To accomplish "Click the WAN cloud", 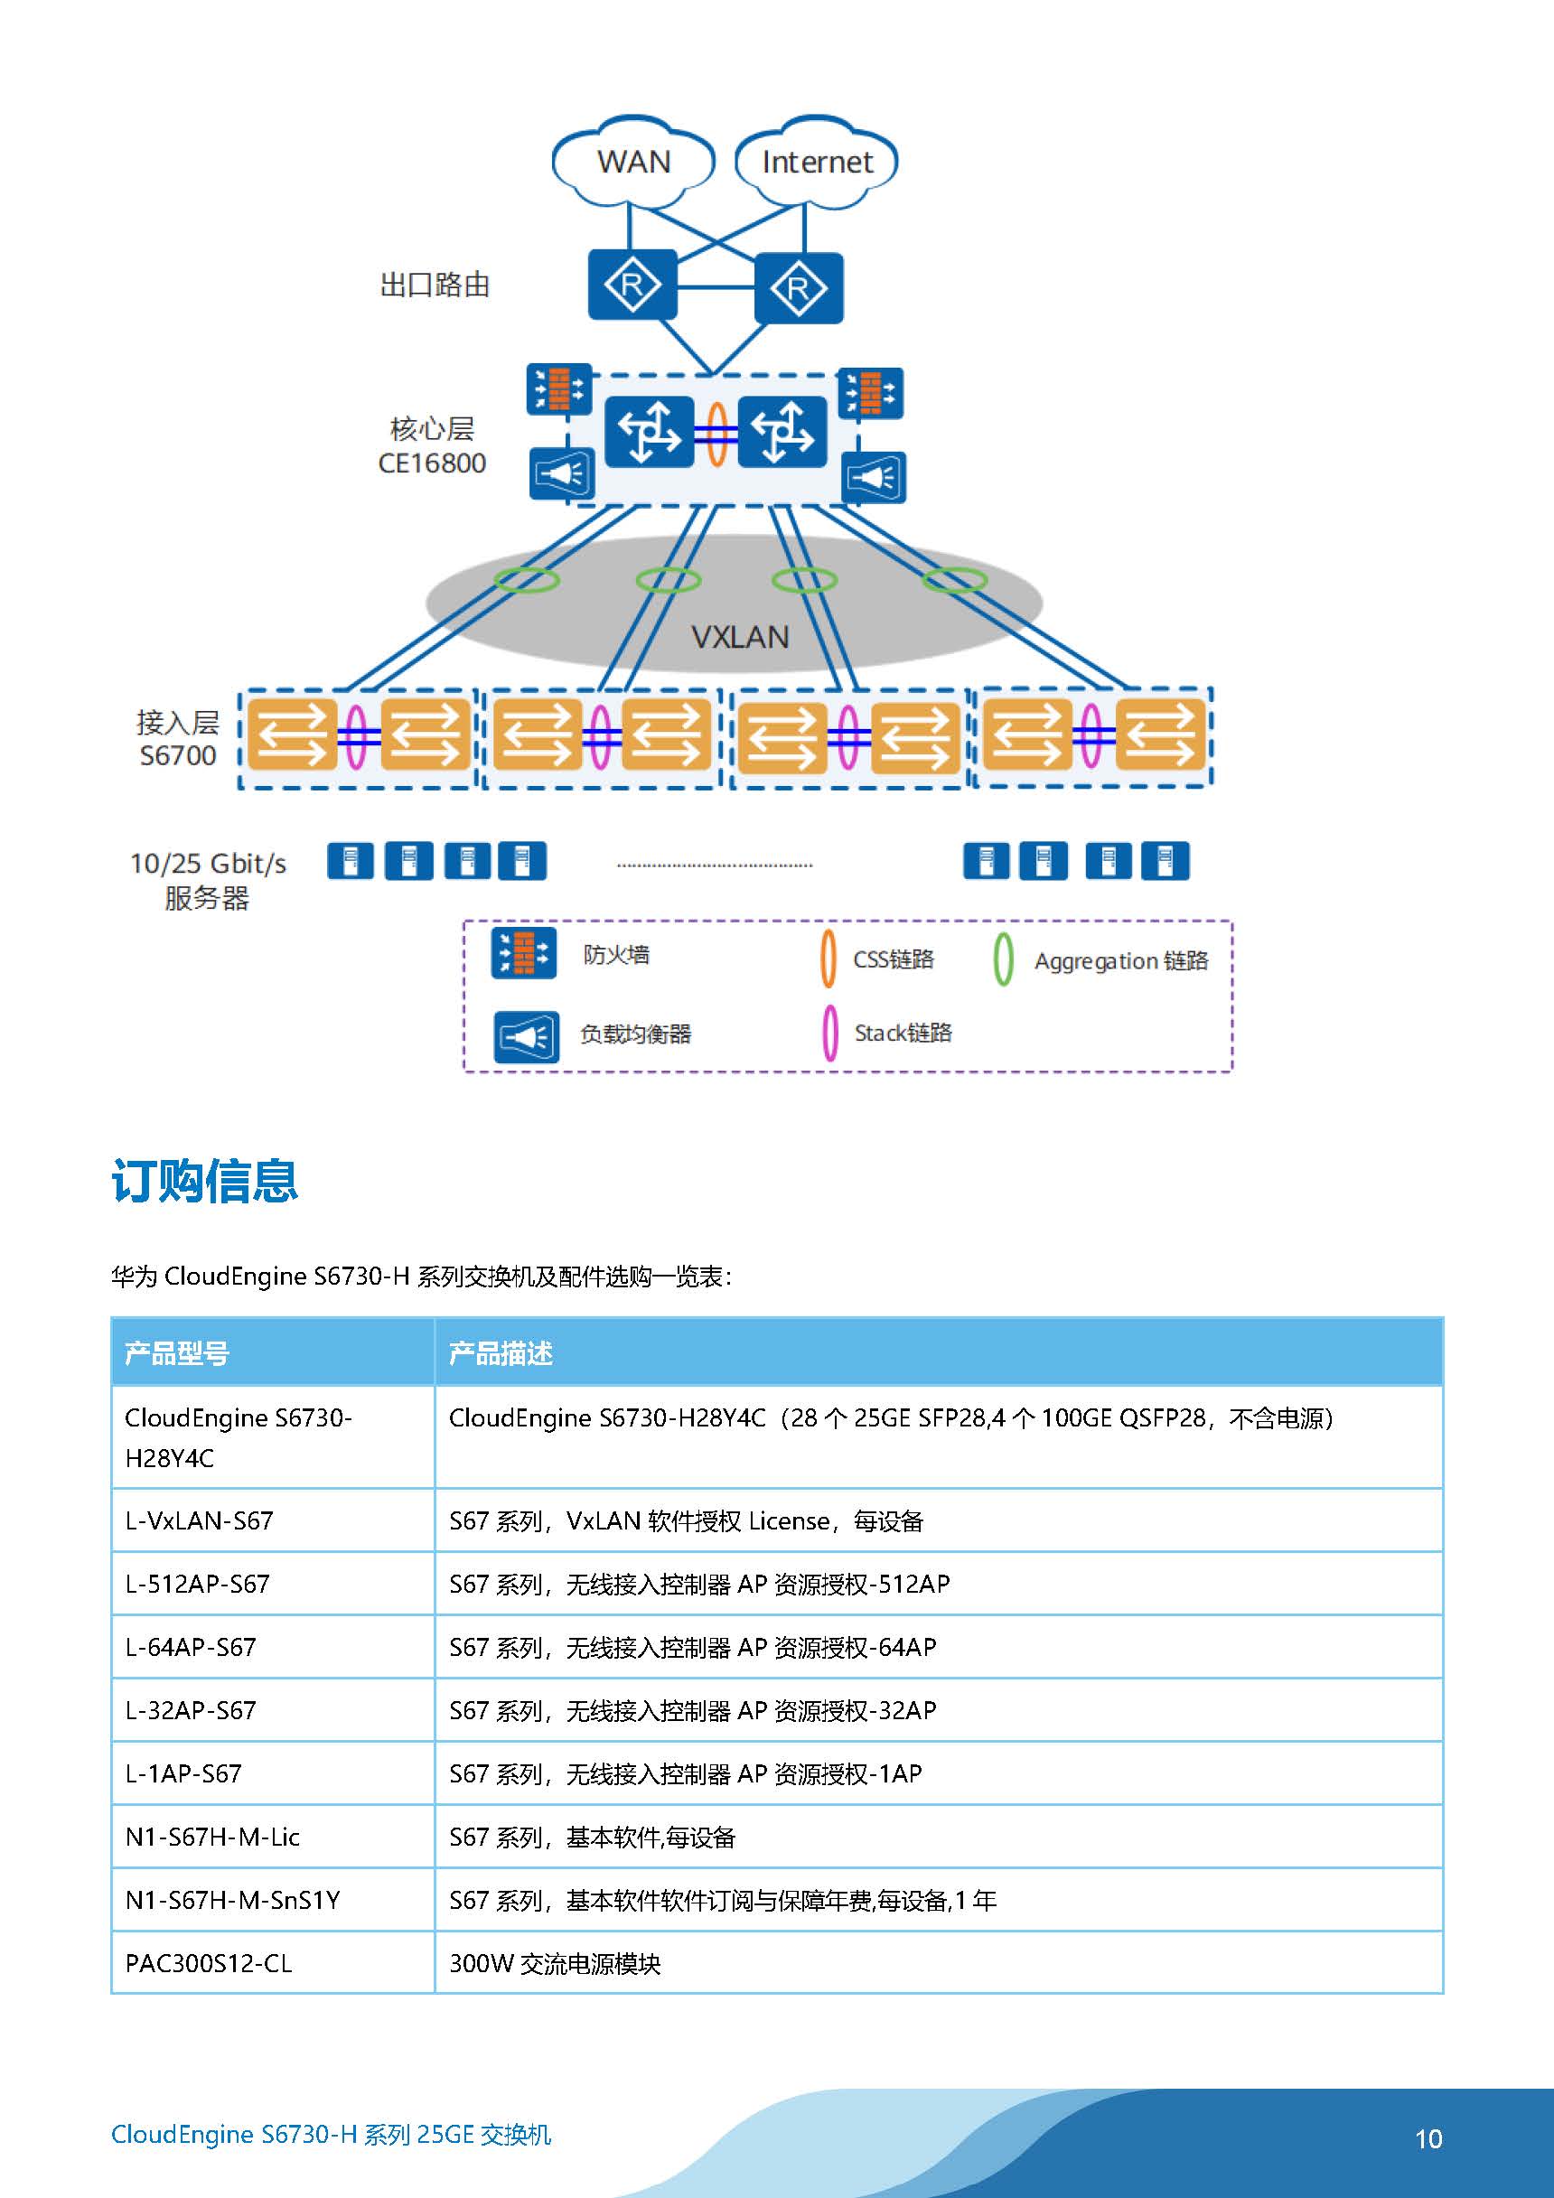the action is point(633,161).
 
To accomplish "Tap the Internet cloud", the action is point(816,161).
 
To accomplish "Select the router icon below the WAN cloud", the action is point(632,285).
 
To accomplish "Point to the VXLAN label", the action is point(740,637).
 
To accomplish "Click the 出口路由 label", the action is point(435,285).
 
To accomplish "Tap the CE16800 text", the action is point(432,463).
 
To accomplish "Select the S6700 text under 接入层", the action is point(178,755).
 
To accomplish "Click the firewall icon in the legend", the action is point(524,953).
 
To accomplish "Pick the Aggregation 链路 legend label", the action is point(1121,960).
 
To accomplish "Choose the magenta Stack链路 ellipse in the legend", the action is point(830,1032).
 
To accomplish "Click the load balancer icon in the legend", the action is point(526,1037).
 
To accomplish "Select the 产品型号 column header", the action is point(177,1352).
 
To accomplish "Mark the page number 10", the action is point(1428,2138).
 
